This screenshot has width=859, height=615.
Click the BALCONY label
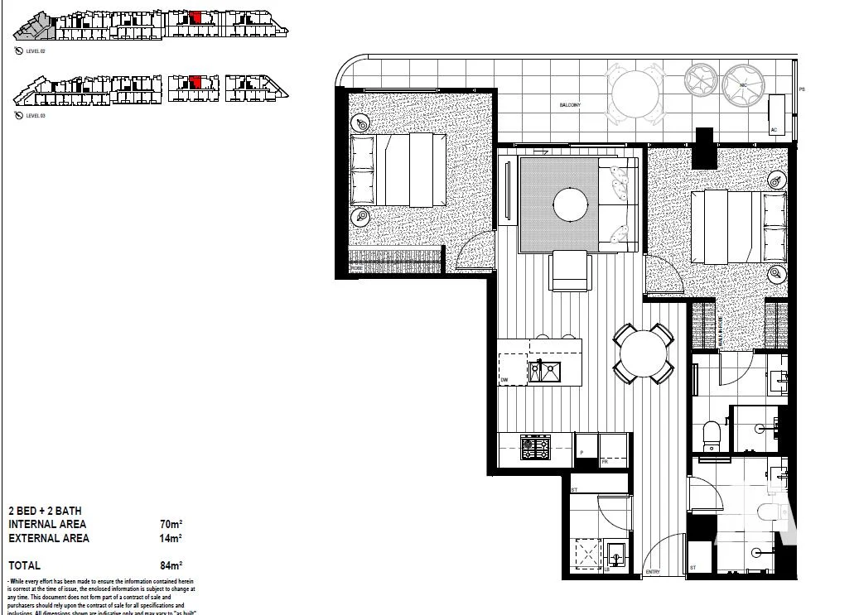(569, 106)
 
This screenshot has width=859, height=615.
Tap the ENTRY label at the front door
(653, 571)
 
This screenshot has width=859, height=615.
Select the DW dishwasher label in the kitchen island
(504, 381)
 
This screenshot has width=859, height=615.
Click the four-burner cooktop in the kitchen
(534, 448)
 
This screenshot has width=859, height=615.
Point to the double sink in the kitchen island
(546, 372)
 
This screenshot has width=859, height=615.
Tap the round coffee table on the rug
(572, 204)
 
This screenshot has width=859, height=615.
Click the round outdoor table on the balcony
(635, 93)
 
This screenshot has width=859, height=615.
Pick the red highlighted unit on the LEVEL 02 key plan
(195, 17)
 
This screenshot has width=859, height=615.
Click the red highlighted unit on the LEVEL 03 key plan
(195, 81)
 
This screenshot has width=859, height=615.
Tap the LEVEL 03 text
(35, 116)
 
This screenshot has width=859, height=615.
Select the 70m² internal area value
(171, 524)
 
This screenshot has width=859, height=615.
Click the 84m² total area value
(171, 565)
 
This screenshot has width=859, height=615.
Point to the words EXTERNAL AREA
(49, 538)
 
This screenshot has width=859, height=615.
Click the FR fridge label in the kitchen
(605, 462)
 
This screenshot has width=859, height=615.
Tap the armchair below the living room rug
(570, 271)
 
